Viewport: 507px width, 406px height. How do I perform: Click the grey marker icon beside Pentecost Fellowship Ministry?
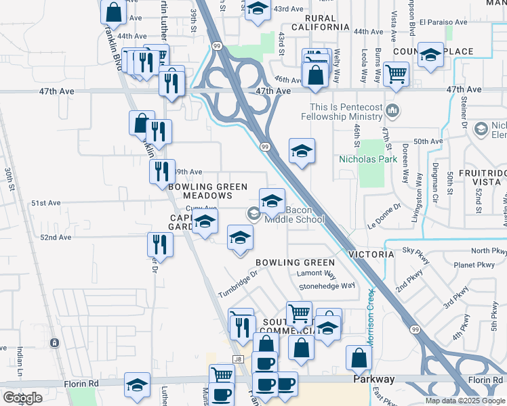pyautogui.click(x=392, y=110)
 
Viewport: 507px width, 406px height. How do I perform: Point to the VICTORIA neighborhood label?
pyautogui.click(x=371, y=254)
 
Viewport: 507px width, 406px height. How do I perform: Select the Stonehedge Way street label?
pyautogui.click(x=327, y=286)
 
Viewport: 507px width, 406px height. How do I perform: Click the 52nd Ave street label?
pyautogui.click(x=56, y=238)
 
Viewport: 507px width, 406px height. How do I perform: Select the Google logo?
pyautogui.click(x=22, y=398)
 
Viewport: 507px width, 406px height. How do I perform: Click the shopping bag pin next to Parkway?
pyautogui.click(x=359, y=359)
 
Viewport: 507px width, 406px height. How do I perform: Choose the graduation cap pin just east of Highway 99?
pyautogui.click(x=302, y=152)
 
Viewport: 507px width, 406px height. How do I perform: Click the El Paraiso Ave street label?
pyautogui.click(x=443, y=22)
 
